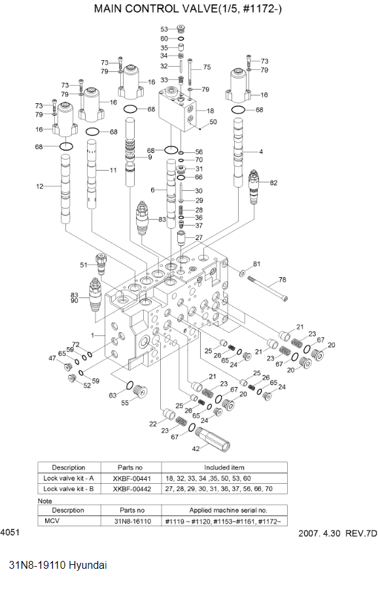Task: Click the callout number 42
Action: (x=196, y=448)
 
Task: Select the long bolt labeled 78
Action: (x=268, y=288)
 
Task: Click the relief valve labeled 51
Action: (x=101, y=263)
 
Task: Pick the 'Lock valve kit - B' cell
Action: (x=69, y=488)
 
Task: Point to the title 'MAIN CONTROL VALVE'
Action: (x=152, y=9)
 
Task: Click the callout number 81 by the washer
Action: (x=257, y=264)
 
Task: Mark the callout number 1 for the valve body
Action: (x=94, y=335)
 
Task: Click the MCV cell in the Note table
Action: (x=52, y=521)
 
